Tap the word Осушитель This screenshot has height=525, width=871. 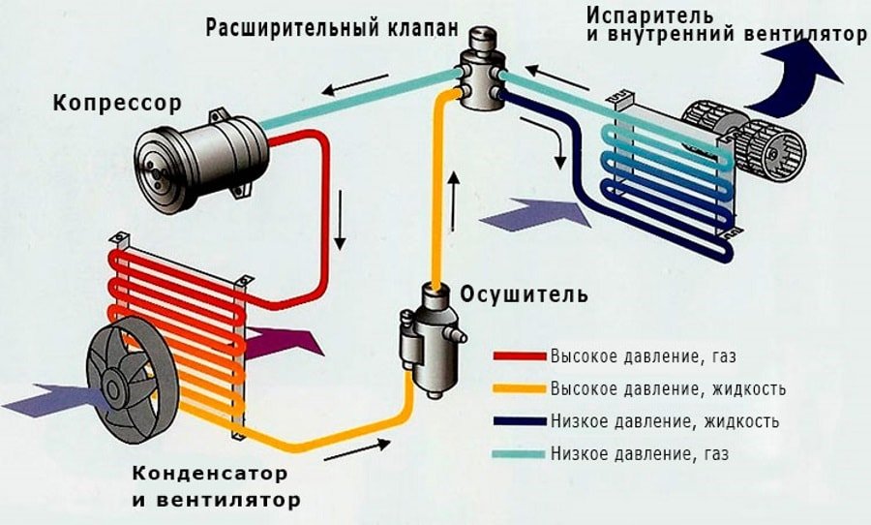tap(524, 293)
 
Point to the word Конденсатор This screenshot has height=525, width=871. tap(209, 475)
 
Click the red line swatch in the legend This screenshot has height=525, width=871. tap(520, 356)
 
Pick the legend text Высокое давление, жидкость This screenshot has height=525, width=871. tap(667, 388)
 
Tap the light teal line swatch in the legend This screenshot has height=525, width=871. tap(520, 452)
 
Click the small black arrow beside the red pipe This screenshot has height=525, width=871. tap(340, 222)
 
